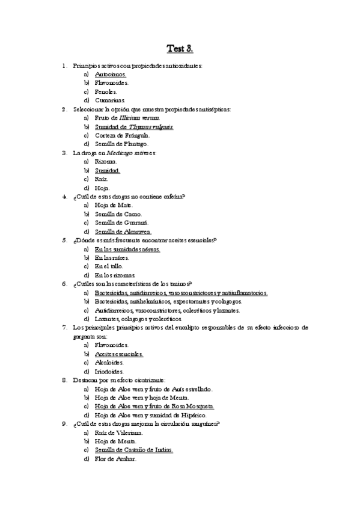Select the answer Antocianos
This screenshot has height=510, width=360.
coord(111,74)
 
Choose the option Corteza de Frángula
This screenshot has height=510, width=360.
coord(123,135)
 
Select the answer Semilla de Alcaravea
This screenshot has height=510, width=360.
coord(123,232)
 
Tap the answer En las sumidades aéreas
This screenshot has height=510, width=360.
coord(127,249)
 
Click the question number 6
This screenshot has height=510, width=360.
coord(64,284)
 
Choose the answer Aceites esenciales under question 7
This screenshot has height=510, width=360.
coord(119,354)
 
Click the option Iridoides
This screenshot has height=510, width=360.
coord(109,372)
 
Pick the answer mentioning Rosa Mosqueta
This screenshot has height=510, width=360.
coord(154,407)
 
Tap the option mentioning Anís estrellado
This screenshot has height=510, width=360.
coord(154,389)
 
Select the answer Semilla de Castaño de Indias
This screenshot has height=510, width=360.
coord(134,450)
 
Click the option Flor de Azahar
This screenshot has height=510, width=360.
coord(115,459)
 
